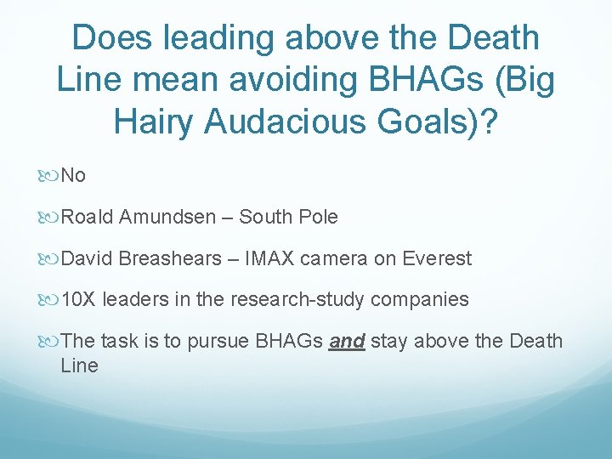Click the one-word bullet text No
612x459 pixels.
(x=74, y=176)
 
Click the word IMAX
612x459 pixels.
(x=269, y=258)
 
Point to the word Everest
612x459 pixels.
(x=437, y=258)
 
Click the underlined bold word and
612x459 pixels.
(x=346, y=342)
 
